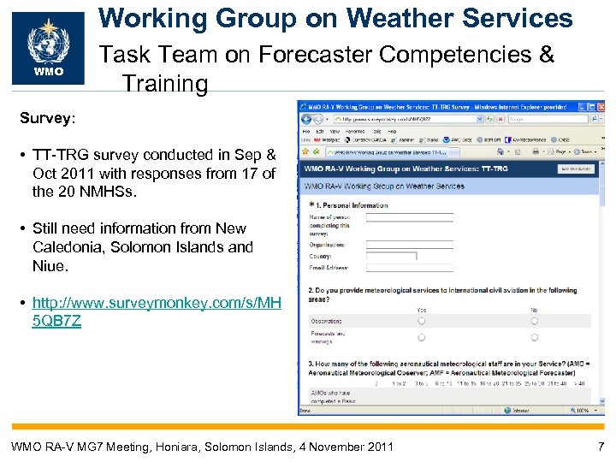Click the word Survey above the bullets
pyautogui.click(x=46, y=117)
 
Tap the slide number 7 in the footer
pyautogui.click(x=601, y=446)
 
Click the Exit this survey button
pyautogui.click(x=576, y=169)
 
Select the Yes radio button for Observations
pyautogui.click(x=421, y=321)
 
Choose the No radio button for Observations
pyautogui.click(x=534, y=321)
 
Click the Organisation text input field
pyautogui.click(x=397, y=244)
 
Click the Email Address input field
pyautogui.click(x=397, y=267)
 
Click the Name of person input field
pyautogui.click(x=397, y=218)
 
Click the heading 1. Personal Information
pyautogui.click(x=351, y=205)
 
